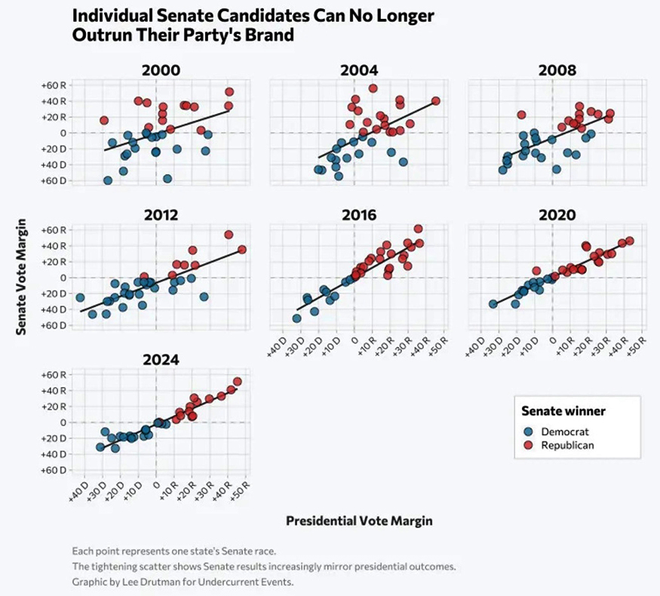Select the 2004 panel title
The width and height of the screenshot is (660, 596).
pyautogui.click(x=359, y=71)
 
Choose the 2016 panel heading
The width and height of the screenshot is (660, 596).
pyautogui.click(x=359, y=215)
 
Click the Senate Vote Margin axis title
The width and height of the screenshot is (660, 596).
pyautogui.click(x=23, y=277)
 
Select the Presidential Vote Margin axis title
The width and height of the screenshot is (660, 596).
pyautogui.click(x=359, y=521)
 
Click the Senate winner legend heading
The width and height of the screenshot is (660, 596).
pyautogui.click(x=563, y=411)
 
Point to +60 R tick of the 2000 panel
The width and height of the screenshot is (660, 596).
pyautogui.click(x=60, y=85)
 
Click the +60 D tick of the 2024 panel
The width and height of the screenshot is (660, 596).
pyautogui.click(x=60, y=470)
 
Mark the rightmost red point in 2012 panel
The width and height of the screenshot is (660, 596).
pyautogui.click(x=242, y=250)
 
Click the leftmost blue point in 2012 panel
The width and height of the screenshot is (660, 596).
pyautogui.click(x=80, y=297)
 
